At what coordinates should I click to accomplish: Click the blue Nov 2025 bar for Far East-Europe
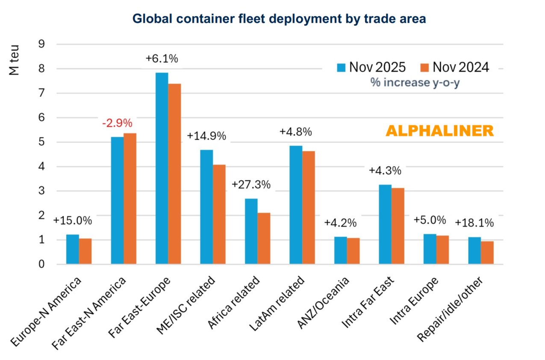pyautogui.click(x=162, y=168)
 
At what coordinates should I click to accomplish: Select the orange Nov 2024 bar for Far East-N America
pyautogui.click(x=130, y=199)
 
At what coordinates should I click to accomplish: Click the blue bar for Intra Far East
pyautogui.click(x=385, y=224)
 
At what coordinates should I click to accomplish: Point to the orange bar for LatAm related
pyautogui.click(x=308, y=207)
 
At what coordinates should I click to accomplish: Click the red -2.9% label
pyautogui.click(x=117, y=123)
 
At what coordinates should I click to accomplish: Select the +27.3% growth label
pyautogui.click(x=251, y=185)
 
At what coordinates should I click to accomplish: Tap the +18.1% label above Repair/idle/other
pyautogui.click(x=474, y=223)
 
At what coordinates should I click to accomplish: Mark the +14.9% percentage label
pyautogui.click(x=206, y=136)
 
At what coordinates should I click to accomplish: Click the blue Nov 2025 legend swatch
pyautogui.click(x=340, y=67)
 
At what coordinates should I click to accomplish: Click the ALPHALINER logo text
pyautogui.click(x=439, y=131)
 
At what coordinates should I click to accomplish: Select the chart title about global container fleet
pyautogui.click(x=279, y=19)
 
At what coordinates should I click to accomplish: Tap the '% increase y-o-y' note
pyautogui.click(x=415, y=82)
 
